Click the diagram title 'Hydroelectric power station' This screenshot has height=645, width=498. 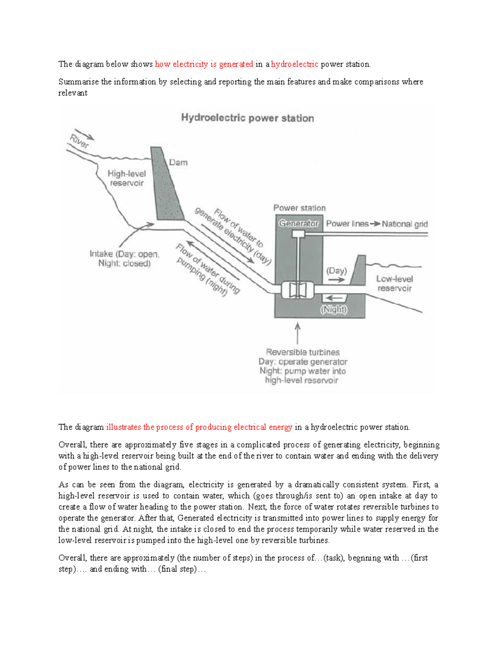point(247,118)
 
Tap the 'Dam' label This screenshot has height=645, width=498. point(178,162)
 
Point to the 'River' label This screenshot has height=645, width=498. point(79,142)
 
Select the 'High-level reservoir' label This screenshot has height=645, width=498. point(126,178)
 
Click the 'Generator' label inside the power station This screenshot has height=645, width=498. point(298,223)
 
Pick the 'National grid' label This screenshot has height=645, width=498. point(405,224)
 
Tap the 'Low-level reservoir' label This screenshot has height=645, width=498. point(394,284)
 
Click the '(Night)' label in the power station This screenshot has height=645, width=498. point(334,309)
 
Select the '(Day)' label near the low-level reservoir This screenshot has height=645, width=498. point(336,271)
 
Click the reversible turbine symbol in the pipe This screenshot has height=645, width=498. point(298,290)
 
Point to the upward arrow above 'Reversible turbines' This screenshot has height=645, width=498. point(298,332)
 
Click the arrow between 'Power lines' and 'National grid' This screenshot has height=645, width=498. point(375,224)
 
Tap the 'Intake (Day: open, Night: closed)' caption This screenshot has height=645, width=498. point(124,258)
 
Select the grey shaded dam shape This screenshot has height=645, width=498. point(167,187)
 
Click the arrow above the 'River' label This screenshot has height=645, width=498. point(85,134)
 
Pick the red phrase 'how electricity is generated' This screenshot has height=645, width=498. point(204,64)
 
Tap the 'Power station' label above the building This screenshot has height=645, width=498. point(299,208)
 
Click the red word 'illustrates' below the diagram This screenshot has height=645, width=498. point(124,427)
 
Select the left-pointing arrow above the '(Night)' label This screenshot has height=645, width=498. point(334,298)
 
